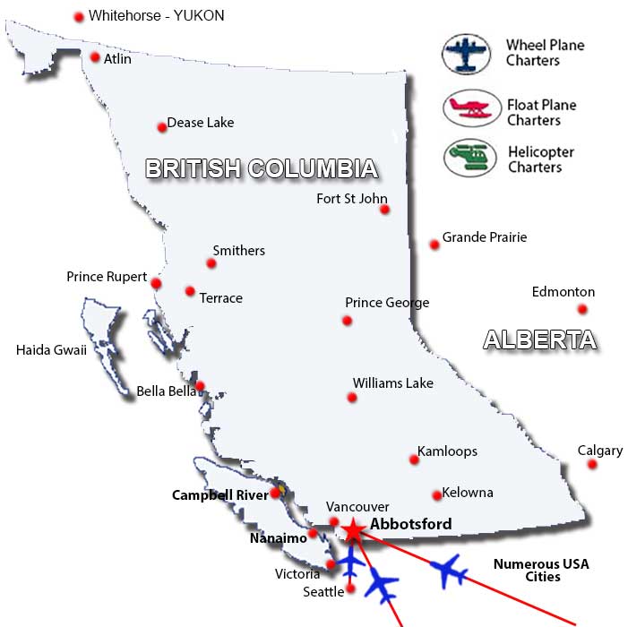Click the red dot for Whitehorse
point(79,16)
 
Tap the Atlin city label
point(117,59)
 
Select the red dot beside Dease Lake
point(162,127)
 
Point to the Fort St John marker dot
point(384,210)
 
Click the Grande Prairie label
point(485,237)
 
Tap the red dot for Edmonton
point(582,309)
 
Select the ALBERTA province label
point(539,339)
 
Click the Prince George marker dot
point(348,321)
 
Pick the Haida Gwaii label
point(51,350)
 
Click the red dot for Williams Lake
point(352,397)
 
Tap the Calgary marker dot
point(592,464)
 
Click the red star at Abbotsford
point(353,531)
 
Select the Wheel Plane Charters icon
point(466,53)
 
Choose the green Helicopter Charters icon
point(469,158)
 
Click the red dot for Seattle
point(350,588)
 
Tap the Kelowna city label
point(468,493)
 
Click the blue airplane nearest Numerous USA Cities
point(448,570)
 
